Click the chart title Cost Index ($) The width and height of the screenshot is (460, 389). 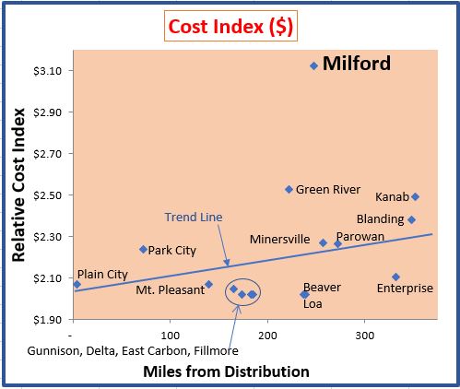pyautogui.click(x=230, y=26)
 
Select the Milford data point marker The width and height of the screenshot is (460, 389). pyautogui.click(x=313, y=65)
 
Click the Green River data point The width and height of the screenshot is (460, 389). pyautogui.click(x=289, y=189)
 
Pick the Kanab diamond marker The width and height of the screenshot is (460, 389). pyautogui.click(x=416, y=196)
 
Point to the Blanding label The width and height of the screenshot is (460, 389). pyautogui.click(x=380, y=219)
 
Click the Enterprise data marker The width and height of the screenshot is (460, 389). pyautogui.click(x=395, y=277)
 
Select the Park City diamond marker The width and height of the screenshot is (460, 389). pyautogui.click(x=143, y=249)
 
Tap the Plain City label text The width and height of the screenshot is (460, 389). pyautogui.click(x=102, y=274)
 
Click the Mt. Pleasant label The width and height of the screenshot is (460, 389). pyautogui.click(x=170, y=290)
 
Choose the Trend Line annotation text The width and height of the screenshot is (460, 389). pyautogui.click(x=193, y=218)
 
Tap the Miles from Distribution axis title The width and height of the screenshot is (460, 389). pyautogui.click(x=226, y=371)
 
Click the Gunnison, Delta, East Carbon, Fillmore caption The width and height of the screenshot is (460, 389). pyautogui.click(x=133, y=351)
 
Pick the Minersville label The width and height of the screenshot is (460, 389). pyautogui.click(x=279, y=240)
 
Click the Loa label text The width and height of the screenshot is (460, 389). pyautogui.click(x=313, y=302)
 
